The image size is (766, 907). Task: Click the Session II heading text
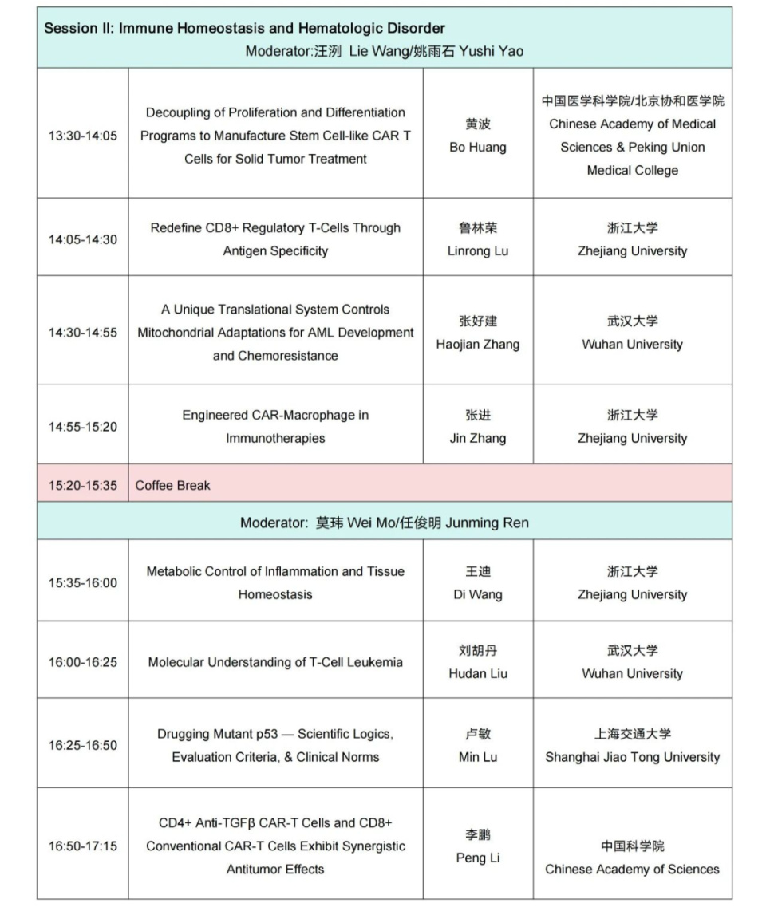(x=244, y=29)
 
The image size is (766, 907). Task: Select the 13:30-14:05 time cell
(x=82, y=136)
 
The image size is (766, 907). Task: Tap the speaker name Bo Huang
(x=478, y=147)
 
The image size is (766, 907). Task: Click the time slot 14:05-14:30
(x=82, y=239)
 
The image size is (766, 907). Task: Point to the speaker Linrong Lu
(x=478, y=250)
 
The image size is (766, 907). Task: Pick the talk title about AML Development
(x=275, y=333)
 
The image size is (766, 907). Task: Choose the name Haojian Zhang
(x=478, y=345)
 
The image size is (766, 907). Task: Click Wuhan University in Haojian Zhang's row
(x=632, y=345)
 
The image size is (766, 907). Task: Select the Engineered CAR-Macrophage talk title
(x=275, y=426)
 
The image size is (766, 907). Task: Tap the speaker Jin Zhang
(x=478, y=438)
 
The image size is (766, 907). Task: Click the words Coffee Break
(x=173, y=485)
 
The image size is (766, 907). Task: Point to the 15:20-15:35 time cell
(x=82, y=485)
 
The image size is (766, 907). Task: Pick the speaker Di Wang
(x=478, y=594)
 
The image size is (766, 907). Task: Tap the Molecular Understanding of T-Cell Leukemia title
(x=275, y=662)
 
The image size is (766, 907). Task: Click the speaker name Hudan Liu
(x=478, y=673)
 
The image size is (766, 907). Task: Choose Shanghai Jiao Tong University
(x=632, y=757)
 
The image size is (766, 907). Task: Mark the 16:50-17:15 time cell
(x=82, y=846)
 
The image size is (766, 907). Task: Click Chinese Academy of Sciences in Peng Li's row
(x=632, y=869)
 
